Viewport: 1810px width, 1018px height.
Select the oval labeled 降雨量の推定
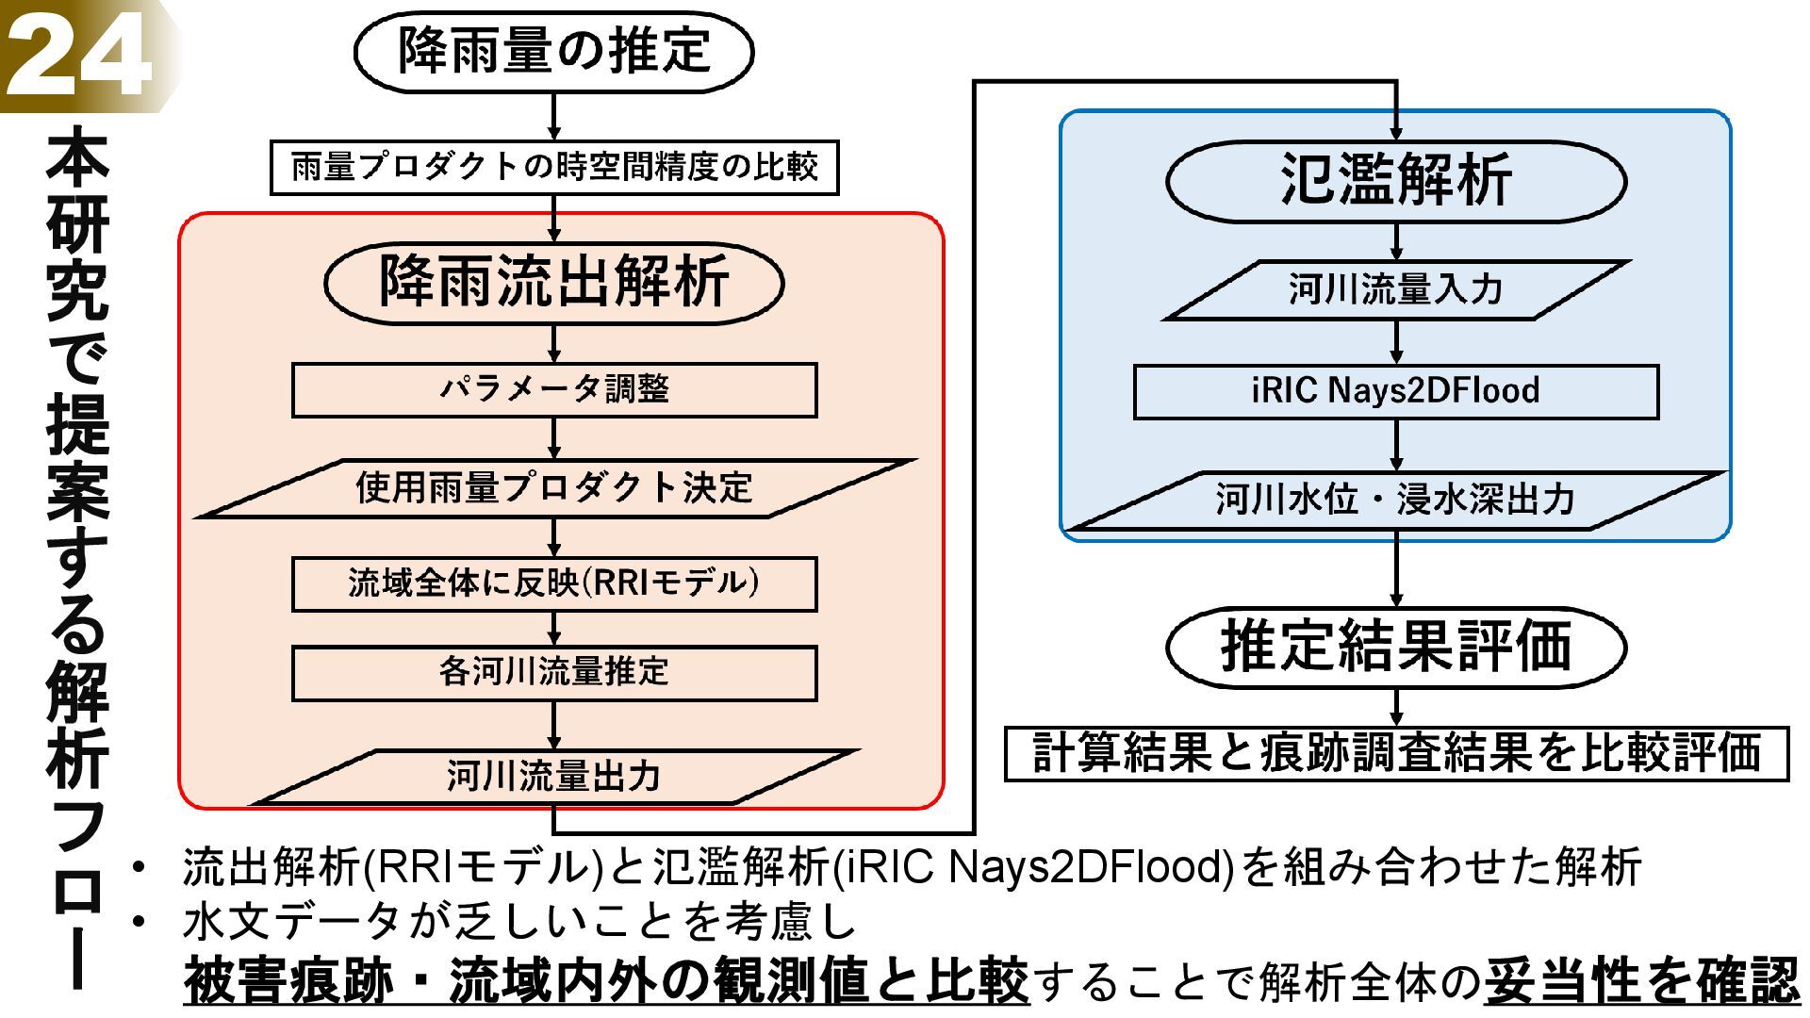tap(554, 52)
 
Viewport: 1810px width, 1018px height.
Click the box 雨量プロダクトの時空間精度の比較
tap(554, 168)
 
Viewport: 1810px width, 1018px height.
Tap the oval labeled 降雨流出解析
tap(554, 283)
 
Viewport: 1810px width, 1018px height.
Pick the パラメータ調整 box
tap(554, 390)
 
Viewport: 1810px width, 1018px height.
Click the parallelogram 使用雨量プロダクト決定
tap(554, 488)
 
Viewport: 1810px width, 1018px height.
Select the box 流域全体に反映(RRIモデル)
tap(554, 584)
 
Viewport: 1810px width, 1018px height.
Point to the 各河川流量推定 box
tap(554, 673)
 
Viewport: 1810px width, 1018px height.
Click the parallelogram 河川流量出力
tap(554, 777)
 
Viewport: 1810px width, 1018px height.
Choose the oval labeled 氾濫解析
tap(1396, 181)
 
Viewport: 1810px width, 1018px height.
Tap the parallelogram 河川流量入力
tap(1396, 290)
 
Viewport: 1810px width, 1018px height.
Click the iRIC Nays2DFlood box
tap(1396, 392)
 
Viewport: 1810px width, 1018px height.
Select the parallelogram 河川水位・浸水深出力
tap(1396, 500)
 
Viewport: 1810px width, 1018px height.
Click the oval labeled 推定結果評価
tap(1396, 648)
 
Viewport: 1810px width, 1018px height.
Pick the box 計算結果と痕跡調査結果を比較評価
tap(1396, 754)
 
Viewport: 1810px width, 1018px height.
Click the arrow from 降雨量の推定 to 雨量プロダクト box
tap(554, 117)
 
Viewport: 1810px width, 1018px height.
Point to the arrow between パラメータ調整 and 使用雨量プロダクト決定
tap(554, 438)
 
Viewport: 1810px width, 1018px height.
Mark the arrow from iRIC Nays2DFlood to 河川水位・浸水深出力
tap(1396, 445)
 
